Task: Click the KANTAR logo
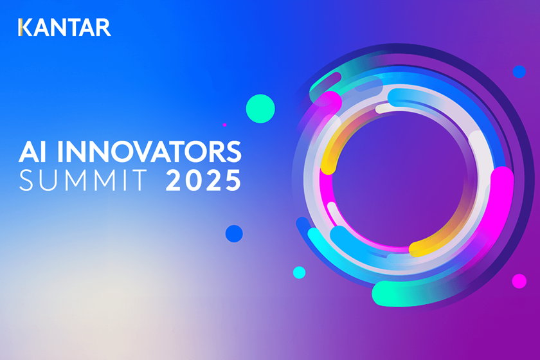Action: point(64,28)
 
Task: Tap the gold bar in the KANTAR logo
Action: point(21,28)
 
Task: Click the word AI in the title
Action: point(32,151)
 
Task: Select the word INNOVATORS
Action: point(149,151)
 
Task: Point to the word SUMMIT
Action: point(83,180)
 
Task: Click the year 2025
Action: point(203,180)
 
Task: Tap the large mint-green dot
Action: point(260,109)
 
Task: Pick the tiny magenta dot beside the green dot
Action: point(224,125)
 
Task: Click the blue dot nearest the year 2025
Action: point(234,233)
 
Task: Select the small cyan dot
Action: point(300,273)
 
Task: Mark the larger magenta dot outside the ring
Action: point(519,281)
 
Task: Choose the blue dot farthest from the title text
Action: point(519,71)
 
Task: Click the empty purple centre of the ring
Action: point(399,179)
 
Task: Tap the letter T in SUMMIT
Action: point(139,180)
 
